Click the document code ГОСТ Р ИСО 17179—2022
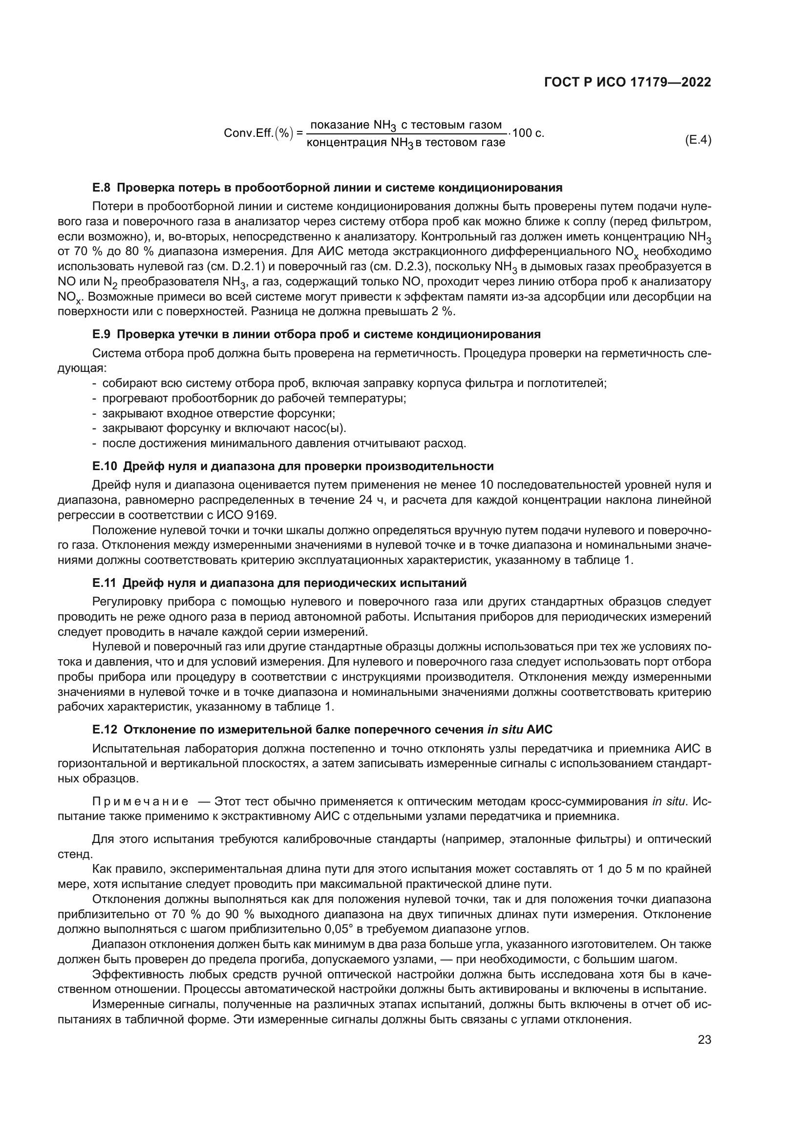628,83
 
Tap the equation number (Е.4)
698,141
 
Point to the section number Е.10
104,467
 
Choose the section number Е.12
104,730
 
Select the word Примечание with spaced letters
140,802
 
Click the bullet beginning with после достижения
284,443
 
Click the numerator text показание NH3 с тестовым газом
405,125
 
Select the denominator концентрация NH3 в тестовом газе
405,143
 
